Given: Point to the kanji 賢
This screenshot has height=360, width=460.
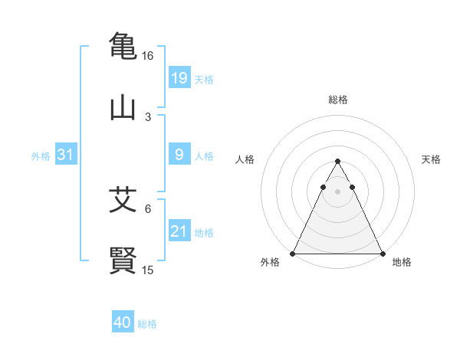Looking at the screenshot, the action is coord(123,260).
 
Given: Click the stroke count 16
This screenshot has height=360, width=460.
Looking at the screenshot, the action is coord(148,56).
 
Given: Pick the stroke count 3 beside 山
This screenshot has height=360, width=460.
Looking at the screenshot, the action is coord(148,117).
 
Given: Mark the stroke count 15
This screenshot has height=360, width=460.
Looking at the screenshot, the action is coord(148,270).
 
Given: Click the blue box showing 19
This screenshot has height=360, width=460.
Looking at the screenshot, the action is coord(179,78).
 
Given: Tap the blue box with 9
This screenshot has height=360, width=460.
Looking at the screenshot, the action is coord(179,155).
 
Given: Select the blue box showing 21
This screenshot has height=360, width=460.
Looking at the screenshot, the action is coord(179,231).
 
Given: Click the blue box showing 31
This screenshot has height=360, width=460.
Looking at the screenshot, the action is coord(66,155).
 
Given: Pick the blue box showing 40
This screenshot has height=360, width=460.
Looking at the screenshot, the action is coord(123,322).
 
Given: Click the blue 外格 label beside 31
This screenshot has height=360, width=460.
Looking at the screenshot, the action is coord(41,156).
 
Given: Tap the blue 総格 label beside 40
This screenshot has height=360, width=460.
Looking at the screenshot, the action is coord(147,324).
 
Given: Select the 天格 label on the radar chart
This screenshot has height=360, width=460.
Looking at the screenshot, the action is coord(431,159).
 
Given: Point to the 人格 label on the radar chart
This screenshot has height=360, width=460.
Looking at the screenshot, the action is coord(245,159).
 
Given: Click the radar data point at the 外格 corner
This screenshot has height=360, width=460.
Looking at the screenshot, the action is coord(293,253).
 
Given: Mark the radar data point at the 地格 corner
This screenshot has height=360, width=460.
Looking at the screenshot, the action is coord(383,253).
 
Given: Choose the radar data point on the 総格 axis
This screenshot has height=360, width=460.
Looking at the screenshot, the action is coord(337,162).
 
